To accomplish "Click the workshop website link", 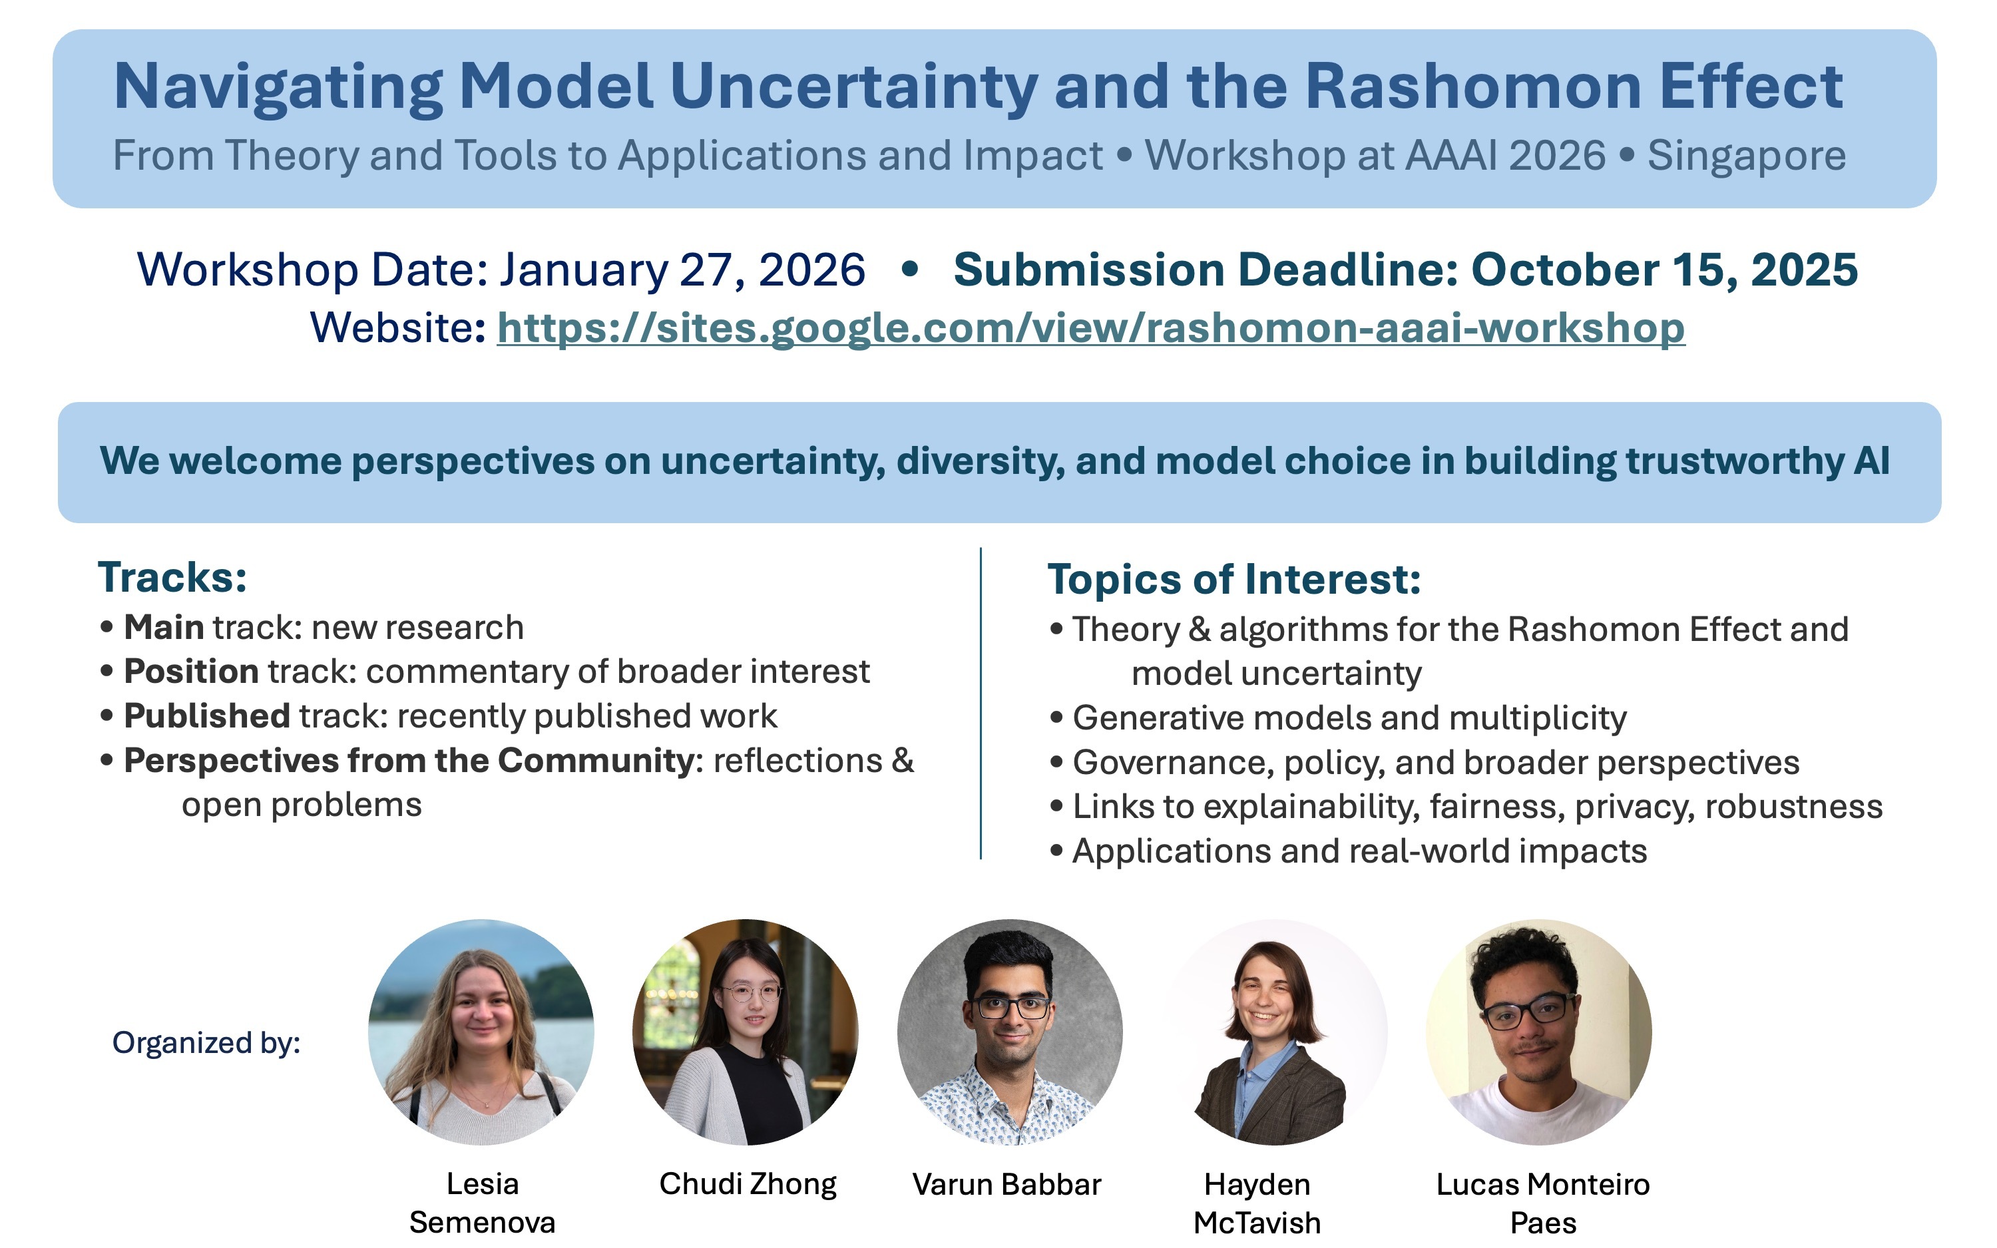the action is tap(1090, 329).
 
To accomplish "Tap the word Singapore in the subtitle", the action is tap(1747, 155).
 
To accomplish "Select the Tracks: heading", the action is tap(172, 577).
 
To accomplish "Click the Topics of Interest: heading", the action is tap(1233, 578).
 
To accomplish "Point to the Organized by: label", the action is tap(206, 1042).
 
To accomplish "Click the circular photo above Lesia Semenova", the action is tap(481, 1032).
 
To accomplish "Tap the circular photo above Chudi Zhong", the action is tap(745, 1032).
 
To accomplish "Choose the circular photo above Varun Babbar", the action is tap(1010, 1032).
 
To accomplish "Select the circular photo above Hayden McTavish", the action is tap(1275, 1032).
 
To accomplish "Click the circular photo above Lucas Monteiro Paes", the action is tap(1539, 1032).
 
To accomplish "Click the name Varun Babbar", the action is tap(1006, 1185).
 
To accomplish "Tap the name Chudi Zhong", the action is tap(748, 1185).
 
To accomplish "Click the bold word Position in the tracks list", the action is tap(192, 671).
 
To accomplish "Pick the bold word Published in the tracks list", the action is tap(206, 716).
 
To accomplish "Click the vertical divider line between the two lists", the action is tap(981, 704).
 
